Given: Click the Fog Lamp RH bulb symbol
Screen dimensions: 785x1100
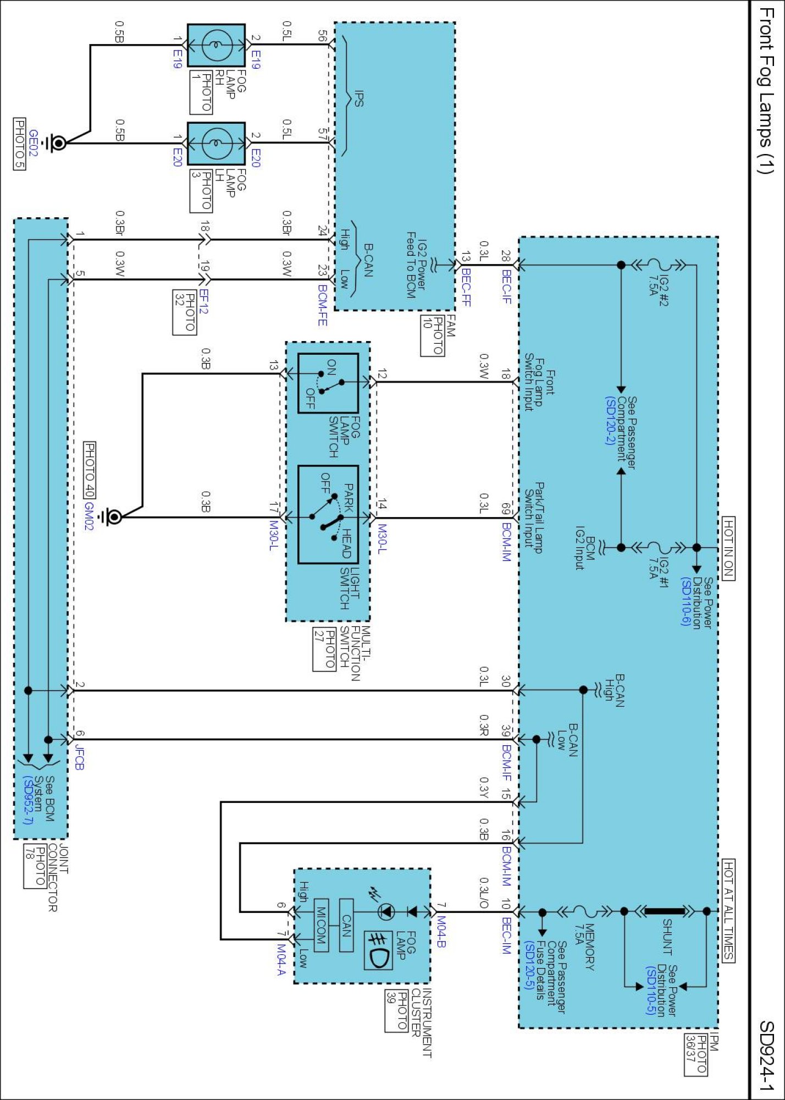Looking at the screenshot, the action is [216, 45].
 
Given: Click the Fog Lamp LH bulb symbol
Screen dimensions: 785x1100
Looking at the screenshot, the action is [216, 144].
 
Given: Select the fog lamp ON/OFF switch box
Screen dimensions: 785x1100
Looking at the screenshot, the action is [328, 383].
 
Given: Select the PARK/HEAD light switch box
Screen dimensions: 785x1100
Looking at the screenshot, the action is [328, 515].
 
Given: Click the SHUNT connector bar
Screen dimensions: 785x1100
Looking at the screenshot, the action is [665, 911].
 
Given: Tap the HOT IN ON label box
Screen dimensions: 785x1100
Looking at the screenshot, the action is [728, 548].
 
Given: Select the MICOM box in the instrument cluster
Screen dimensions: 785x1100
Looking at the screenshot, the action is [321, 925].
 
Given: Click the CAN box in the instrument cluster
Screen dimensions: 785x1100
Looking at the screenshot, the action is [346, 925].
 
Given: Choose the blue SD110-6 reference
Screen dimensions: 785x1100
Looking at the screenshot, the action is [686, 602].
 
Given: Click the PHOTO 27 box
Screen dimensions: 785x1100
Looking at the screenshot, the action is [324, 649].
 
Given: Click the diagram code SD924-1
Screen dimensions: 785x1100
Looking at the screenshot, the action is [766, 1055].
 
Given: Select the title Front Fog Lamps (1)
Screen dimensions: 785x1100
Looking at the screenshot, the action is [766, 90].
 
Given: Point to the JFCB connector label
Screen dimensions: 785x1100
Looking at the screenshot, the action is [79, 757].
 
